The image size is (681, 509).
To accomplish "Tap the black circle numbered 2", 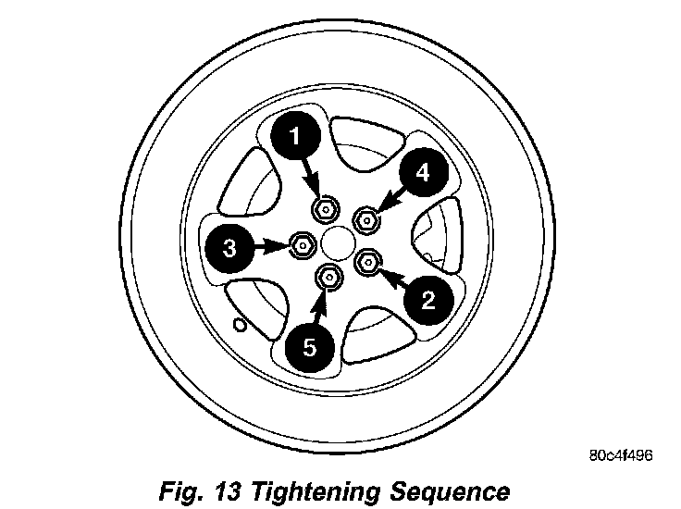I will tap(427, 298).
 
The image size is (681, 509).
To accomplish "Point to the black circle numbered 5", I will tap(310, 347).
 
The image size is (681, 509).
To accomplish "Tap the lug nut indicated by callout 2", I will tap(368, 262).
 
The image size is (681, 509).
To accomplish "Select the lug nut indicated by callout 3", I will tap(302, 245).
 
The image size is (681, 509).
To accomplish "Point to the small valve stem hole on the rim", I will tap(240, 324).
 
